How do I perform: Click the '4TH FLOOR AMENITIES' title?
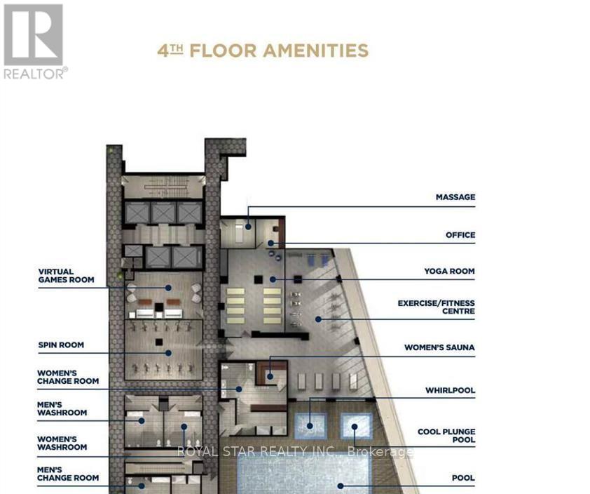(263, 51)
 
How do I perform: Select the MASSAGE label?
(455, 197)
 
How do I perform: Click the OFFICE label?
(460, 235)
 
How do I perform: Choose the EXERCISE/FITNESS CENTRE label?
(436, 307)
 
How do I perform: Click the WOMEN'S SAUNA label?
(439, 347)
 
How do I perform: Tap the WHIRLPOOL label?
(450, 389)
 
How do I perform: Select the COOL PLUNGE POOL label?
(446, 436)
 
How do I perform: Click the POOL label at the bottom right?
(463, 478)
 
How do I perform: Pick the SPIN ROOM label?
(62, 345)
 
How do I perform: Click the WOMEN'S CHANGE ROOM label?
(68, 377)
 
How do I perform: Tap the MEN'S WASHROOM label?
(62, 408)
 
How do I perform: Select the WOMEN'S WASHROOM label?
(62, 443)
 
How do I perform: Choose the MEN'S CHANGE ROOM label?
(68, 473)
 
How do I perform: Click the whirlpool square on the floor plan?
(310, 425)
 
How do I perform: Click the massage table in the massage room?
(242, 227)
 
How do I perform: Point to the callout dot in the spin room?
(168, 352)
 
